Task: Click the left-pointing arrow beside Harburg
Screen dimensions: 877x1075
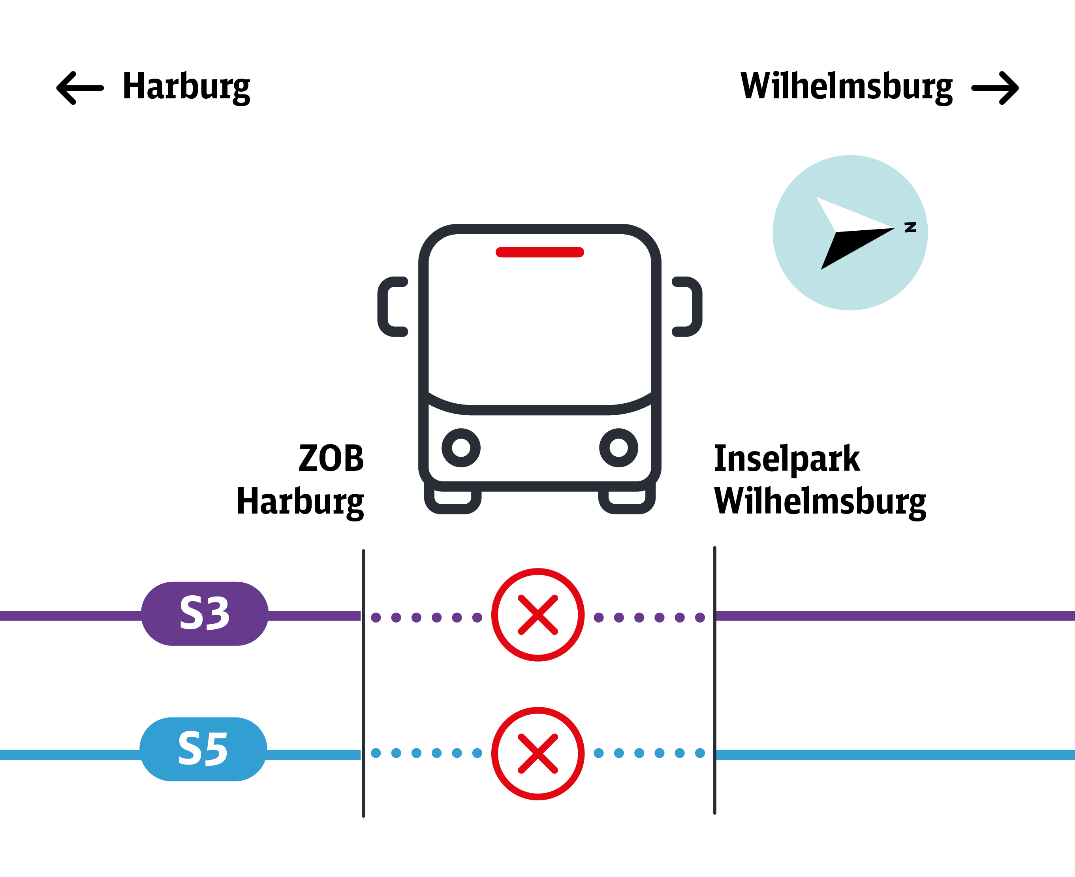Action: click(x=80, y=88)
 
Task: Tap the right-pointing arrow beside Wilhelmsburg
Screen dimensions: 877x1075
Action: click(x=995, y=88)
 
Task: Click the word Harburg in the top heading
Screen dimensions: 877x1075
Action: click(x=186, y=87)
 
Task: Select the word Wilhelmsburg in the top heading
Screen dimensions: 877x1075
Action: click(x=846, y=87)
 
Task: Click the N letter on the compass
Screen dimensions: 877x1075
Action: click(x=910, y=227)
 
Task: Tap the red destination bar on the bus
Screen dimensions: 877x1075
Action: click(x=540, y=252)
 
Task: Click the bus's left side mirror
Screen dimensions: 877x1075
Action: click(x=392, y=307)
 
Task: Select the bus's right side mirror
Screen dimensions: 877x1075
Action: click(x=687, y=307)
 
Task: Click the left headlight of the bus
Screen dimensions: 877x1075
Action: click(x=461, y=448)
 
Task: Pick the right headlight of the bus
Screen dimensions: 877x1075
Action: click(x=618, y=448)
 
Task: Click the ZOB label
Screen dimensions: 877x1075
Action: click(x=331, y=458)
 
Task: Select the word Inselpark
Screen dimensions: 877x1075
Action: click(x=787, y=459)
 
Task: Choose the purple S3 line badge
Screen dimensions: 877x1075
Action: click(x=205, y=614)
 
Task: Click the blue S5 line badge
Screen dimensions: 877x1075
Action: click(x=203, y=749)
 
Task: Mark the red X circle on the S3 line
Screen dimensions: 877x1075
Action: click(x=538, y=615)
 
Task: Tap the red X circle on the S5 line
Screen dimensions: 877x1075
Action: click(x=538, y=754)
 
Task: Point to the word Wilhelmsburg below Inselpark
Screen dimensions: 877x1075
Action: click(x=820, y=502)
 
